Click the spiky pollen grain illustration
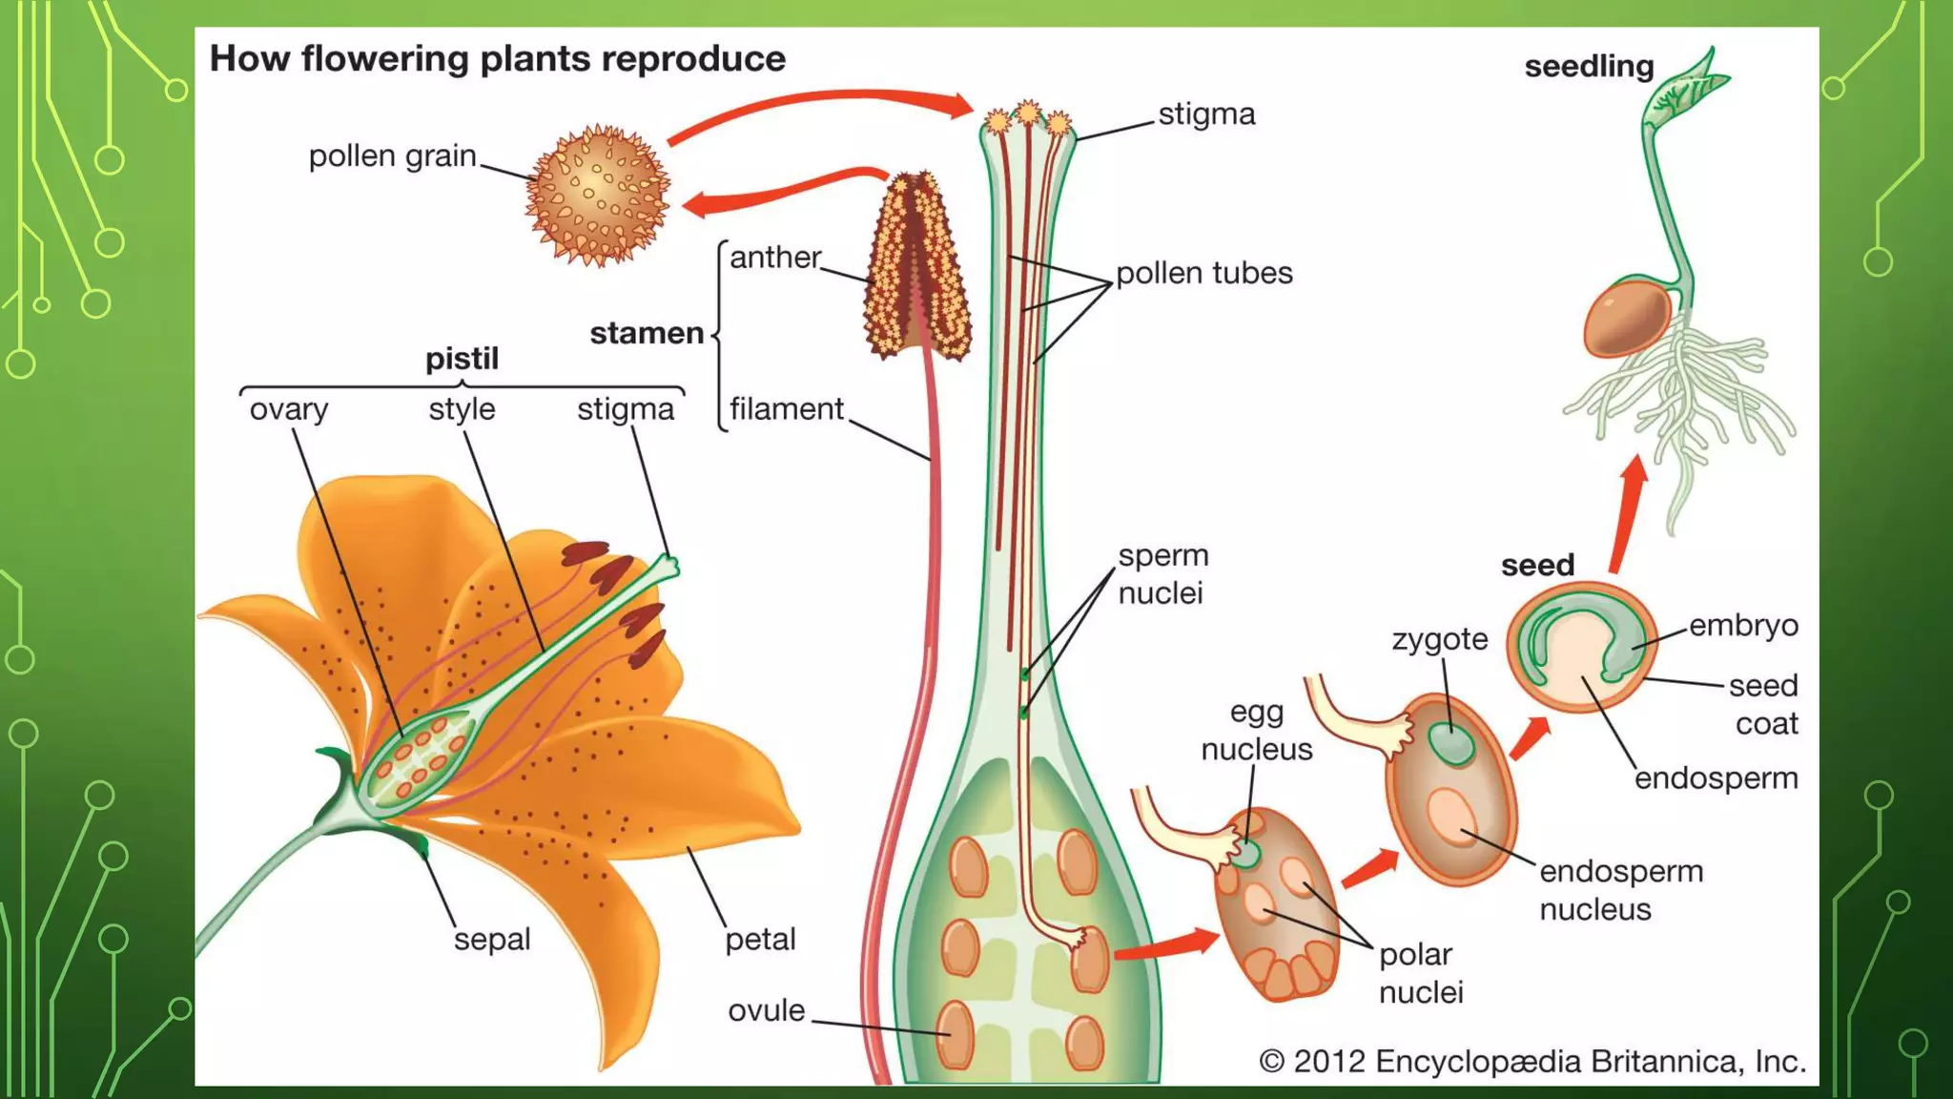tap(598, 195)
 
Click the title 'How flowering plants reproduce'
tap(497, 59)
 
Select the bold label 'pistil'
tap(462, 359)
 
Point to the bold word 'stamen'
tap(647, 333)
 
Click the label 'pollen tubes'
tap(1203, 273)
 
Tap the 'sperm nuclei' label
tap(1162, 574)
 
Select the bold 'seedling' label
tap(1589, 67)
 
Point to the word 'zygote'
tap(1439, 639)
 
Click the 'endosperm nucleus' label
tap(1620, 889)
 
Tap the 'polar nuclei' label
tap(1420, 973)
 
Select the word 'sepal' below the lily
tap(491, 940)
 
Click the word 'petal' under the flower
tap(760, 940)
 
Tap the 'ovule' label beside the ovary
tap(766, 1011)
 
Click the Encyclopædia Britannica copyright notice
tap(1532, 1062)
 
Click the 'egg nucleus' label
tap(1256, 731)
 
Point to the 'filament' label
tap(787, 409)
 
